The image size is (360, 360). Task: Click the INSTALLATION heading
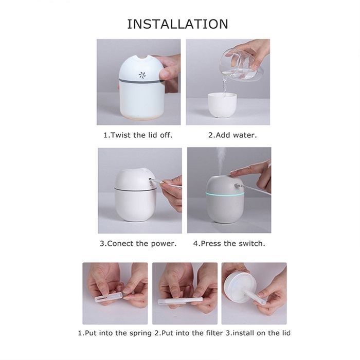[x=178, y=24]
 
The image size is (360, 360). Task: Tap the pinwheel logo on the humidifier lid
[x=142, y=75]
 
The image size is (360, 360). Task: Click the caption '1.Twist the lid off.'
[x=138, y=135]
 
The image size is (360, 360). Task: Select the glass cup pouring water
[x=241, y=66]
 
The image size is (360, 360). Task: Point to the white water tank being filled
[x=222, y=105]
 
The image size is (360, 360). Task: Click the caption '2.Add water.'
[x=232, y=135]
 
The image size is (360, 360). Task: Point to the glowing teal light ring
[x=226, y=195]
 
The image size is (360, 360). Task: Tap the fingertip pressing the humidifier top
[x=233, y=174]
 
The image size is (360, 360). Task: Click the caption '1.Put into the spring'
[x=115, y=333]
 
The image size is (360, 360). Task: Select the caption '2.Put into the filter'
[x=189, y=333]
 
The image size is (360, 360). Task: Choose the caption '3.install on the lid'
[x=258, y=333]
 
